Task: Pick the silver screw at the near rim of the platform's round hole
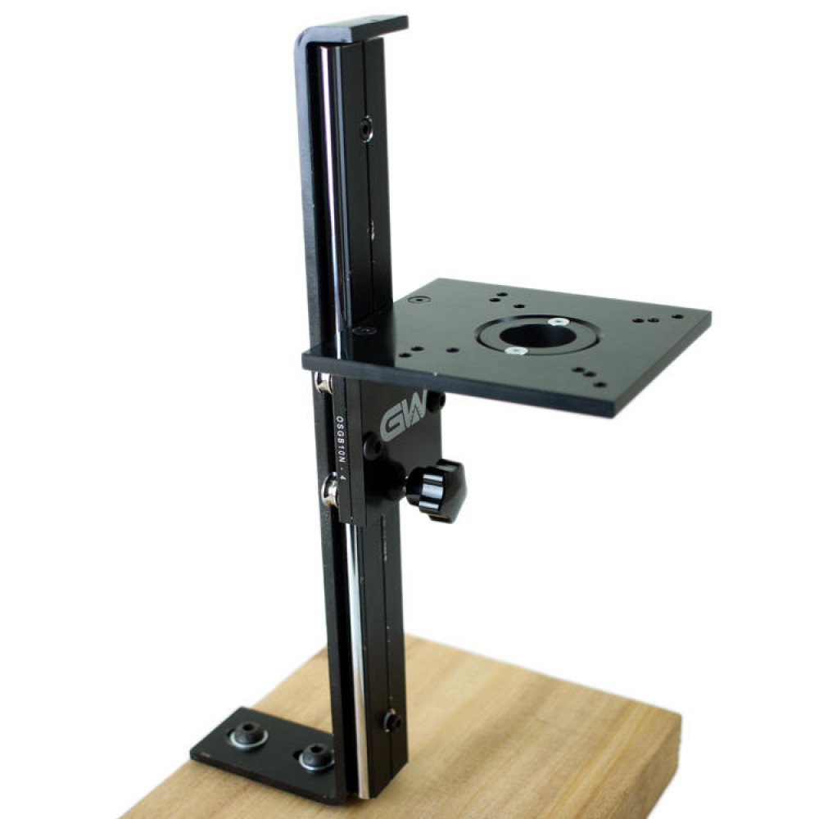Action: coord(514,351)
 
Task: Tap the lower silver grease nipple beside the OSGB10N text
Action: coord(330,491)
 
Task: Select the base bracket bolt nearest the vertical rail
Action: coord(315,758)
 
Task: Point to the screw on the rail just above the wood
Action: coord(391,721)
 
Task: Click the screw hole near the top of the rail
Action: coord(365,128)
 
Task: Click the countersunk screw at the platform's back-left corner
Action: coord(420,301)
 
